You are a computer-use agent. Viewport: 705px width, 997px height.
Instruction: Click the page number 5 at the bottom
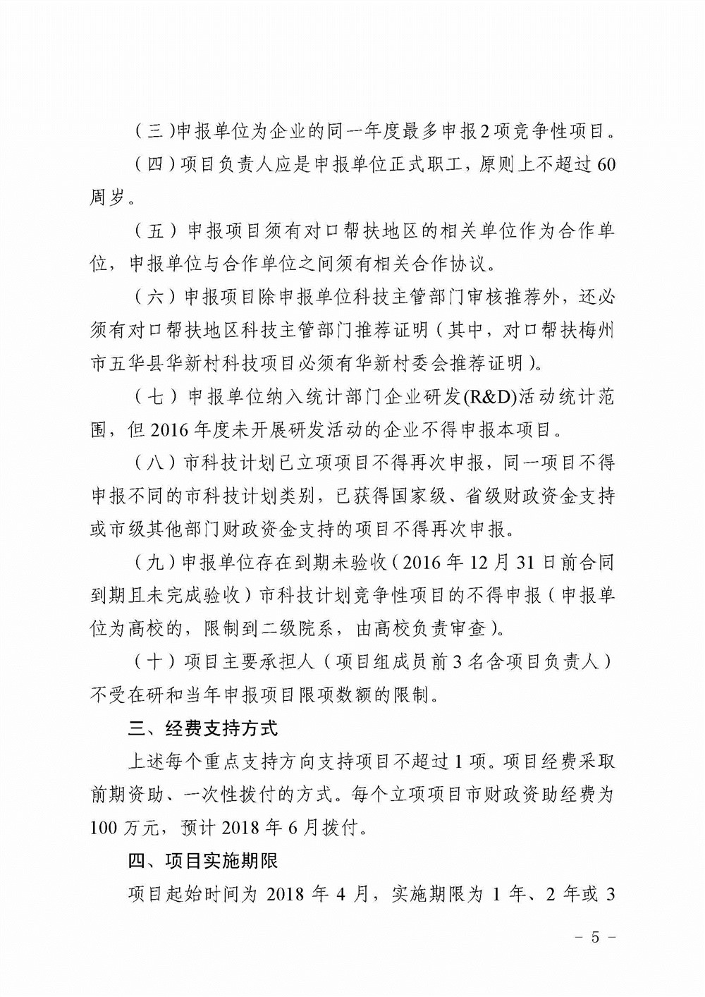click(595, 937)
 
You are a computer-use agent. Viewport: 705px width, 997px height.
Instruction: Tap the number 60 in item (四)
click(606, 165)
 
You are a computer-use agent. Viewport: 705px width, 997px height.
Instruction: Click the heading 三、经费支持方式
click(202, 728)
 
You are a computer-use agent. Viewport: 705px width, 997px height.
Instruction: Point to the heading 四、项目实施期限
click(202, 862)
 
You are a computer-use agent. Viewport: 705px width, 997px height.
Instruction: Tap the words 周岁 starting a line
click(107, 198)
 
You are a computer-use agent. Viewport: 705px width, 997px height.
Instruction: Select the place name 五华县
click(145, 363)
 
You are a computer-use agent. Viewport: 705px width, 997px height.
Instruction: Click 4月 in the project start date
click(355, 895)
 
